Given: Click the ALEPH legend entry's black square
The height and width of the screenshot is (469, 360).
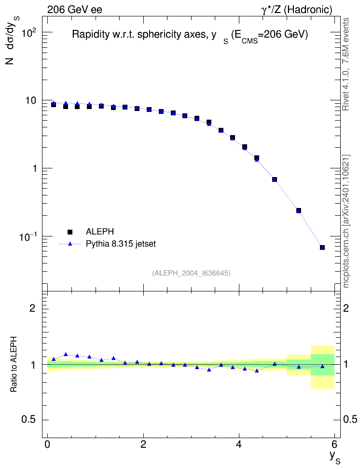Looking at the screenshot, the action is click(70, 232).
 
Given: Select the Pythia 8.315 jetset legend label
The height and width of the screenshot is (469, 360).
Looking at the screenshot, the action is click(121, 244).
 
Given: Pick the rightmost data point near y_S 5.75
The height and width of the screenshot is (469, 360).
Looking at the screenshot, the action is click(322, 248).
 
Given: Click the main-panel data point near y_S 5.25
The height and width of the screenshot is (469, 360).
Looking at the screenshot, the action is click(298, 210).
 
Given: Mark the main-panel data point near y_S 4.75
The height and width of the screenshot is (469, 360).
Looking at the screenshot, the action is click(275, 179).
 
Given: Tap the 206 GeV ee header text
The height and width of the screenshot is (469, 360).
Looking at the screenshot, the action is click(75, 10).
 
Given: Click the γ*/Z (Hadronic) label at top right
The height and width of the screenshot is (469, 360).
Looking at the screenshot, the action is click(297, 10).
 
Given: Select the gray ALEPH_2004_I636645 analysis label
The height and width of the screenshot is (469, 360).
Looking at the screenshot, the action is click(191, 273).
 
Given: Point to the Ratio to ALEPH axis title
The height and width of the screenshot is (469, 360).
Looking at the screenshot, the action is click(14, 364).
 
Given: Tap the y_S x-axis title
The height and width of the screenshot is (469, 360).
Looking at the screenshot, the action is click(334, 457).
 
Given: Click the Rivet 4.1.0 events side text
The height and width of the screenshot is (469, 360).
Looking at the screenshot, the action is click(346, 64).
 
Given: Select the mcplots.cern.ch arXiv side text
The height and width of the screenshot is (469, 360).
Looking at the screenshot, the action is click(346, 221).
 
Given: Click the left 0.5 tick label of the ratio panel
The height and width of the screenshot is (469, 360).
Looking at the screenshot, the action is click(28, 420).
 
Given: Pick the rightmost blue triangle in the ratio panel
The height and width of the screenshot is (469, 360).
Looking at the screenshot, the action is click(322, 366).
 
